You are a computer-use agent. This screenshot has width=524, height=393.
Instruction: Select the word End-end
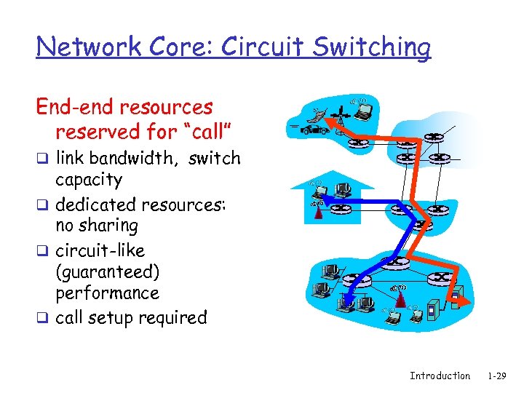click(75, 108)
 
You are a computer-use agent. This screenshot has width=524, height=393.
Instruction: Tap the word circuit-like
click(100, 250)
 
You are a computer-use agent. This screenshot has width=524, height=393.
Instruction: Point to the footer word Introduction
click(440, 376)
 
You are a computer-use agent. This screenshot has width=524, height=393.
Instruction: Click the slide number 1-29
click(497, 376)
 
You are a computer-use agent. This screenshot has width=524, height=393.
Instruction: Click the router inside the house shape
click(341, 211)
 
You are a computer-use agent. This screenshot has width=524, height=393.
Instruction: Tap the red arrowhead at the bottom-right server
click(458, 298)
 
